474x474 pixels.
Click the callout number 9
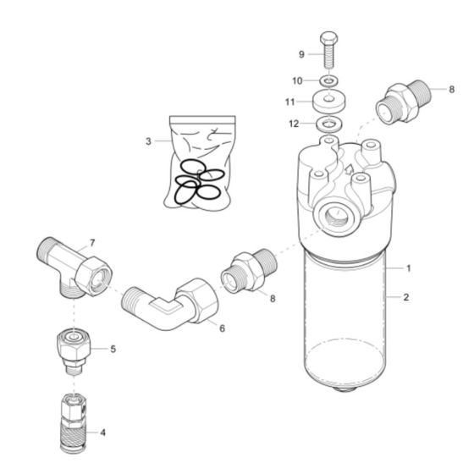(300, 54)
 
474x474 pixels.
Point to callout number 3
(148, 141)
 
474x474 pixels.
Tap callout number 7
(92, 243)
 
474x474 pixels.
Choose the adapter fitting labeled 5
(73, 349)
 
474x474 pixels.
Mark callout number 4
(102, 432)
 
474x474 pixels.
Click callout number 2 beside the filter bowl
(408, 298)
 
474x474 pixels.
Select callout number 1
(408, 268)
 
